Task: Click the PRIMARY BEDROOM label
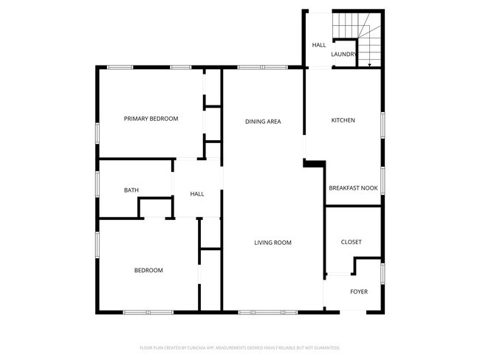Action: coord(151,119)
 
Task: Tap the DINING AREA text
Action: coord(263,121)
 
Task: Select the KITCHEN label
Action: coord(343,120)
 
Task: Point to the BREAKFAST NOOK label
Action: coord(353,188)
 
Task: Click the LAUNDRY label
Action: coord(344,55)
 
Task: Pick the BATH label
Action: coord(131,190)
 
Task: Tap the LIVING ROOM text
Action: coord(272,243)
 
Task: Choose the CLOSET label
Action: coord(351,242)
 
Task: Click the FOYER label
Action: coord(358,291)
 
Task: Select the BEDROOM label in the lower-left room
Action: coord(148,270)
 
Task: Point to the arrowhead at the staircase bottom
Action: coord(368,66)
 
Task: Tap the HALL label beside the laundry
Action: coord(318,45)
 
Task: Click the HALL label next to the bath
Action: coord(197,194)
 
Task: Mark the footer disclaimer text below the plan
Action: coord(240,347)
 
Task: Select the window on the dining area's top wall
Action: coord(262,68)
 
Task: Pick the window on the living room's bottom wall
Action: coord(267,312)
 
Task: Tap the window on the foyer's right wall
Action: coord(382,273)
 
